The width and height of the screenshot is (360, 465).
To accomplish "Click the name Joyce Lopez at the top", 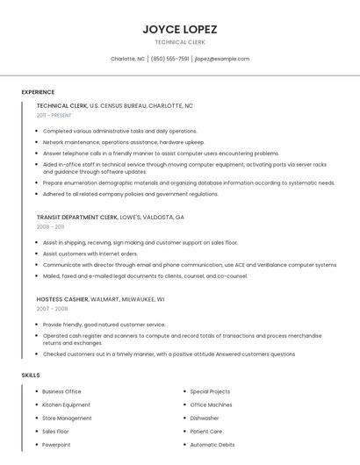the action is [x=179, y=29].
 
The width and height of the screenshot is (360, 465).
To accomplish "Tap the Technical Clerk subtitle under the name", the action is [x=179, y=42].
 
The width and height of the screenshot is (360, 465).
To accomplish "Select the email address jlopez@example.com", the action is [x=222, y=59].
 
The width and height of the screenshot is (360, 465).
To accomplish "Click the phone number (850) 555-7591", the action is [x=169, y=59].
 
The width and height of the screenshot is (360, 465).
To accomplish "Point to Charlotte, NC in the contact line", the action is [x=127, y=59].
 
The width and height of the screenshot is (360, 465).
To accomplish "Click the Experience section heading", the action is [x=38, y=91].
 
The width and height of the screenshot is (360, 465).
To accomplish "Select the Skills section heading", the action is [x=31, y=376].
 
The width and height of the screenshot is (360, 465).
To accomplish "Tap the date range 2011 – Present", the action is [x=54, y=115].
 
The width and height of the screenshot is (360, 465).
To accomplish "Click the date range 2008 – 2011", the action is [x=50, y=226].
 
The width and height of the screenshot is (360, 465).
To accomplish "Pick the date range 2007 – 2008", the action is [x=51, y=309].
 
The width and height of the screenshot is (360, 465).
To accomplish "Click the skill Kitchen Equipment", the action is [x=66, y=404].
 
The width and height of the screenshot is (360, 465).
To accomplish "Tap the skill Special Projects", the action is [x=210, y=391].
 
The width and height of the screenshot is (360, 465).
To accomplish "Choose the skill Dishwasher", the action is [x=205, y=418].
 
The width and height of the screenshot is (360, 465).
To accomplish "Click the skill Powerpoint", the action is [x=57, y=444].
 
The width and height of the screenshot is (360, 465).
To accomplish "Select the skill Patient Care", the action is [x=206, y=431].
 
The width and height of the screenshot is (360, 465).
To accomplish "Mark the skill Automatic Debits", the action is [x=212, y=444].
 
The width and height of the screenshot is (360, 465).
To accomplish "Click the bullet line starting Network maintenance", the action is [x=123, y=141].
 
